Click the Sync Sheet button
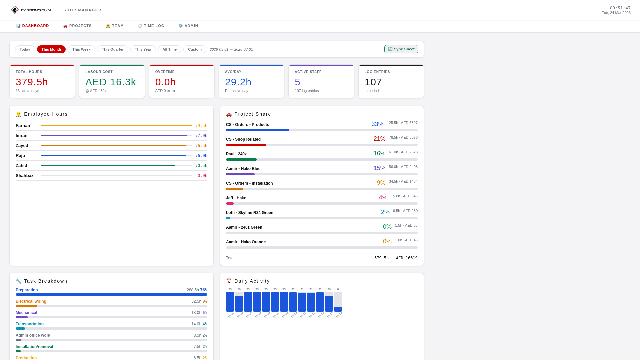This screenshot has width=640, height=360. coord(401,49)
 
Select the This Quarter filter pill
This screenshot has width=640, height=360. coord(112,49)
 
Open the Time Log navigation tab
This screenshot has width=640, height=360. coord(151,26)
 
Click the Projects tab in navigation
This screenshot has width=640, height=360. coord(77,26)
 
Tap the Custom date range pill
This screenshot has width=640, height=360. coord(195,49)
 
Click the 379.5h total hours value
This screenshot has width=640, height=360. coord(32,82)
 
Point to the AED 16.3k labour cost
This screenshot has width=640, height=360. coord(110,82)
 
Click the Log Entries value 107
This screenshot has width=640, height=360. coord(373,82)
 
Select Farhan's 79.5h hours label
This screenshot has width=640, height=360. coord(201,126)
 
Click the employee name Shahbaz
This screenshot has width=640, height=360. coord(24,176)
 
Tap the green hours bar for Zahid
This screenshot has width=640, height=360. coord(108,166)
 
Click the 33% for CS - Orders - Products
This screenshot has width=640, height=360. coord(377,124)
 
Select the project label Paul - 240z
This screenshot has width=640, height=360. coord(236,154)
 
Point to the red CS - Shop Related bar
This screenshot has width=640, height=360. coord(246,145)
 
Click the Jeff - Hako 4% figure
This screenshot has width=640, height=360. coord(383,197)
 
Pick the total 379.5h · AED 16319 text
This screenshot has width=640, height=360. coord(396,258)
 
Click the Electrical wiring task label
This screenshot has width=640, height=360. coord(31,301)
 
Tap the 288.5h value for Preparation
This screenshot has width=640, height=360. coord(192,290)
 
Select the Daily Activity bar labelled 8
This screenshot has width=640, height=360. coord(338,309)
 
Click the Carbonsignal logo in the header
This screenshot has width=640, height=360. coord(31,10)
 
